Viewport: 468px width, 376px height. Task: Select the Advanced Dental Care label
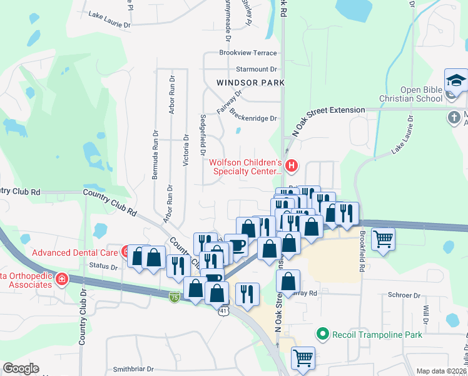tap(75, 253)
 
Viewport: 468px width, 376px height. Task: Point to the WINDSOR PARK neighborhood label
tap(250, 83)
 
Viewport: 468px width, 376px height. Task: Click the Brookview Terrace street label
tap(248, 53)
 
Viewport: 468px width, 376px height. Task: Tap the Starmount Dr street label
tap(256, 69)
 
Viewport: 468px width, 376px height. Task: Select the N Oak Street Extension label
tap(328, 111)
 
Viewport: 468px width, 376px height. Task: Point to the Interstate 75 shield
tap(175, 298)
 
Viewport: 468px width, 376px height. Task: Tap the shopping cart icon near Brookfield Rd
tap(383, 238)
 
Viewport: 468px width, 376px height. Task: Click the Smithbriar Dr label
tap(133, 370)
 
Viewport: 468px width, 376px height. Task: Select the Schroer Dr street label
tap(404, 295)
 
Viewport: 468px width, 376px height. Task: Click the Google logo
tap(21, 368)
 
